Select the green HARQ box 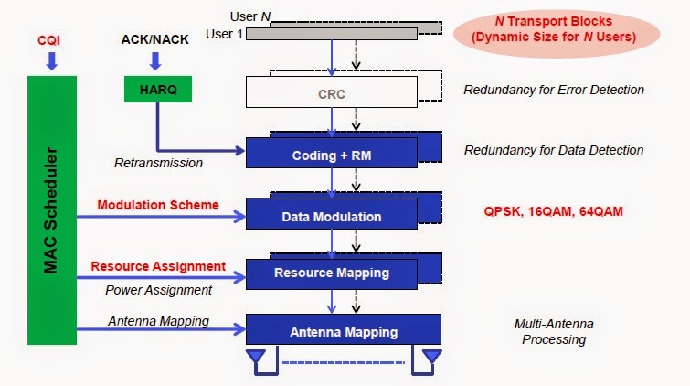click(x=154, y=88)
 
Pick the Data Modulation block click(x=331, y=217)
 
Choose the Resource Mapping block click(x=331, y=273)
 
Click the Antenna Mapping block click(x=343, y=330)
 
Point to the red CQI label click(x=49, y=40)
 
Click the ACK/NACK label click(x=154, y=40)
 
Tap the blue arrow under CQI click(x=50, y=61)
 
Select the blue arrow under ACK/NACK click(x=154, y=60)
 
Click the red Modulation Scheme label click(x=158, y=205)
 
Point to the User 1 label click(x=225, y=33)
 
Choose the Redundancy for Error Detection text click(x=553, y=90)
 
